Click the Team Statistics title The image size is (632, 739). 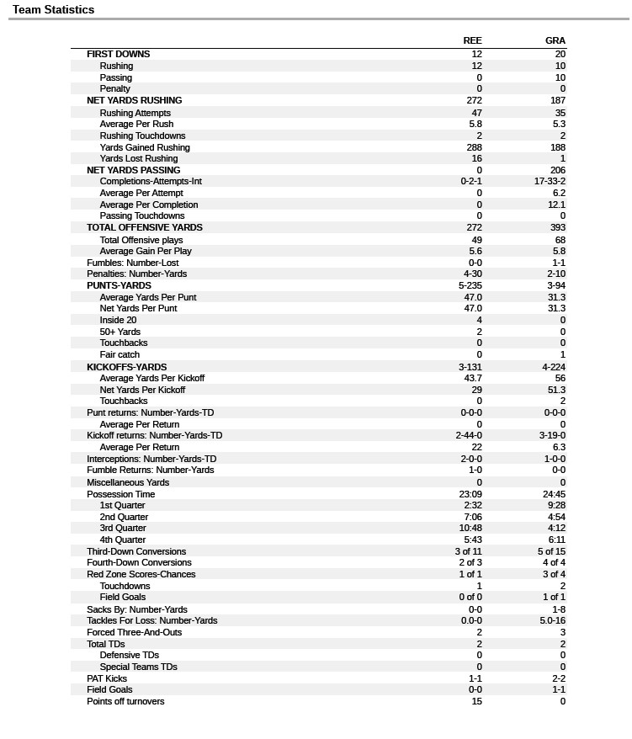pyautogui.click(x=53, y=10)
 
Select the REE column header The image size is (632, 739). pyautogui.click(x=472, y=40)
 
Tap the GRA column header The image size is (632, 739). pyautogui.click(x=555, y=40)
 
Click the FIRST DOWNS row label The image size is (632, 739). pyautogui.click(x=118, y=54)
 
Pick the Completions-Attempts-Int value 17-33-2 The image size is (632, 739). pyautogui.click(x=550, y=181)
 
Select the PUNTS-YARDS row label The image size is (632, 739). pyautogui.click(x=119, y=285)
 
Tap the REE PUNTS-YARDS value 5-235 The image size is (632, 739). pyautogui.click(x=470, y=285)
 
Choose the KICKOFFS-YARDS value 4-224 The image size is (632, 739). pyautogui.click(x=554, y=367)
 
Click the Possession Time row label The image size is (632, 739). pyautogui.click(x=120, y=494)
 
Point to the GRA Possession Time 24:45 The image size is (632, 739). pyautogui.click(x=554, y=494)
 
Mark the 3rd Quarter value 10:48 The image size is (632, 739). pyautogui.click(x=470, y=529)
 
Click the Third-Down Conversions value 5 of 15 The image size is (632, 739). pyautogui.click(x=551, y=551)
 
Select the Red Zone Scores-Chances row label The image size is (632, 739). pyautogui.click(x=141, y=574)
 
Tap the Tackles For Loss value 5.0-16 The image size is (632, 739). pyautogui.click(x=552, y=620)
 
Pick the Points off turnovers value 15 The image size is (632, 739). pyautogui.click(x=476, y=701)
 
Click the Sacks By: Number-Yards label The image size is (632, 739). pyautogui.click(x=136, y=609)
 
